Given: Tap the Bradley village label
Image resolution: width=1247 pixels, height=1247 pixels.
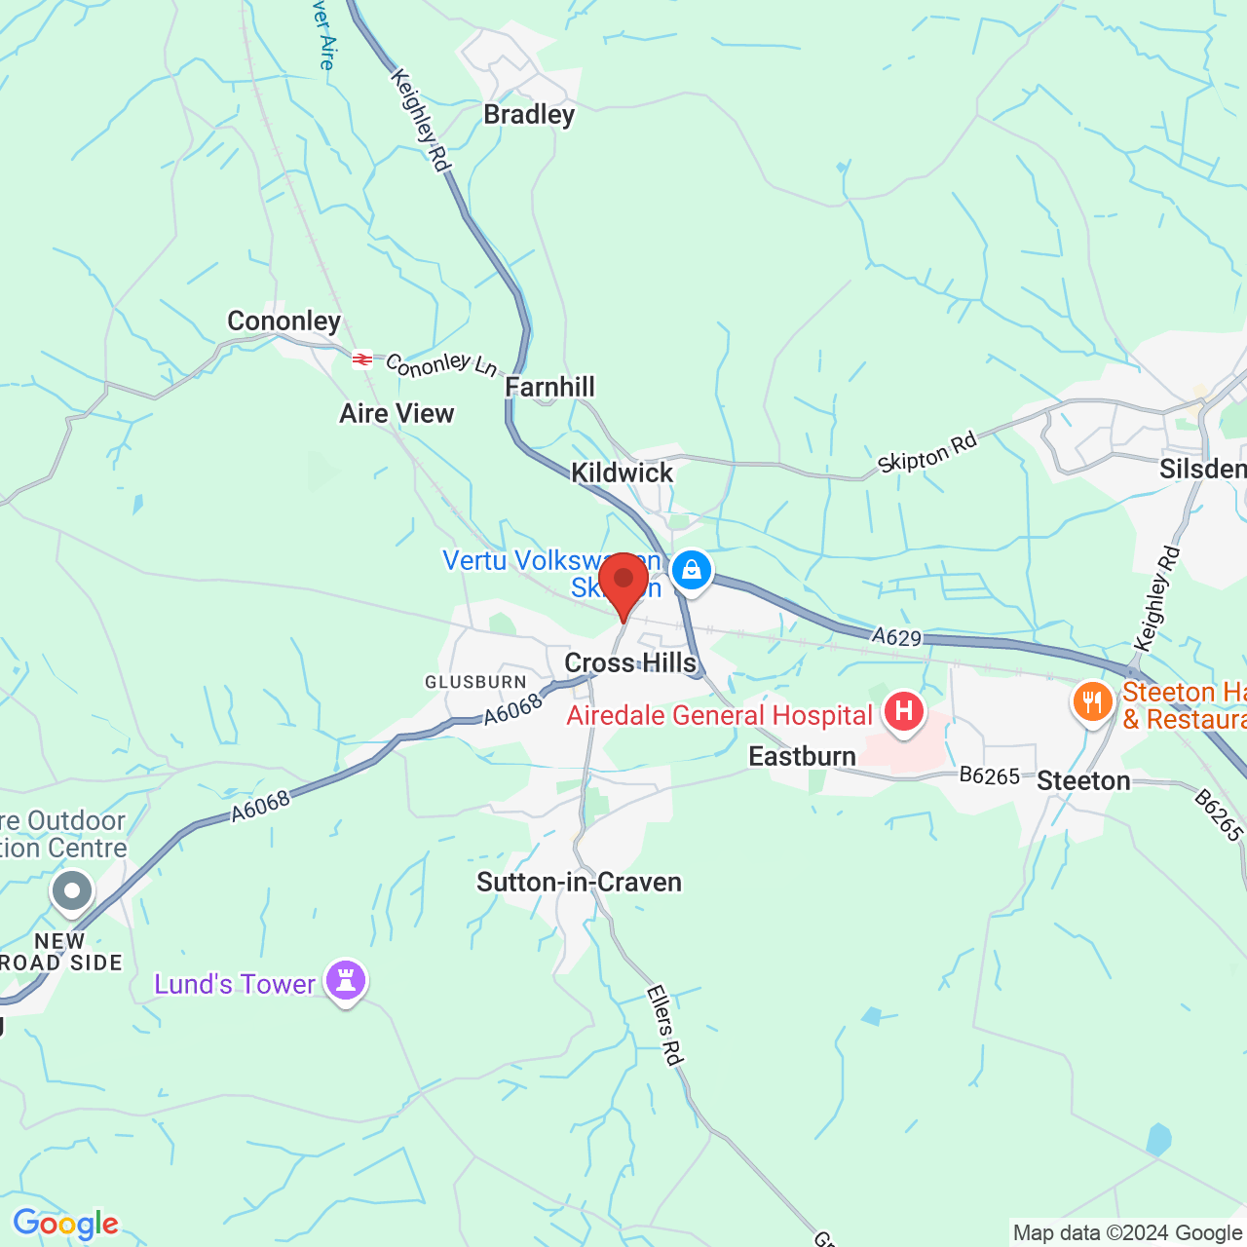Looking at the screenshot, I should [x=529, y=115].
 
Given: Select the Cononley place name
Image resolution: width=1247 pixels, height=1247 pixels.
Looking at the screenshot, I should [x=283, y=321].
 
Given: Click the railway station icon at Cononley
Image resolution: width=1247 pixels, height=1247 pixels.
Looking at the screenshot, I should [x=362, y=360].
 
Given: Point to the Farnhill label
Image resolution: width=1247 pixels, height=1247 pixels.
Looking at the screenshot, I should [x=549, y=388].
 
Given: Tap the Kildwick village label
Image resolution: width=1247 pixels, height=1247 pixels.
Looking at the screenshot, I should [x=622, y=473].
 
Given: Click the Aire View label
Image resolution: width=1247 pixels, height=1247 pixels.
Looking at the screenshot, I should [x=397, y=414].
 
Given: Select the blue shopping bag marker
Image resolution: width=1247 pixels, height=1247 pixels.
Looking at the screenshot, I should [x=692, y=569].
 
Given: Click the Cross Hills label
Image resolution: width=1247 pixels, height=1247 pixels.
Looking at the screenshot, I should [x=630, y=663].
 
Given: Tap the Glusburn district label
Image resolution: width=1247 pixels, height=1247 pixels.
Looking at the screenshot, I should [x=475, y=683].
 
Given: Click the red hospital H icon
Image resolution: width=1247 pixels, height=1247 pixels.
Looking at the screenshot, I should [x=904, y=710].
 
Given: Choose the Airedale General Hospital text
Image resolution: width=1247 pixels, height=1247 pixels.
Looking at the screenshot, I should [x=719, y=716].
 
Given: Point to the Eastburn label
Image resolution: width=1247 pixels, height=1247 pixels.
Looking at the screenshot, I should [x=802, y=757].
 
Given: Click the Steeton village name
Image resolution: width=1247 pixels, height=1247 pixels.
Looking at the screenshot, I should [x=1083, y=781].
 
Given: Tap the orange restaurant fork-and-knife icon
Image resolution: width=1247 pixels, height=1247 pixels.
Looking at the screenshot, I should [x=1093, y=701].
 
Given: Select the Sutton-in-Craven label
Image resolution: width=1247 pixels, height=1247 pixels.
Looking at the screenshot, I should [x=579, y=883].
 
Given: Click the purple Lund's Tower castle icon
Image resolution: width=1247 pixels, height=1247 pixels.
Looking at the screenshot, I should [x=346, y=980].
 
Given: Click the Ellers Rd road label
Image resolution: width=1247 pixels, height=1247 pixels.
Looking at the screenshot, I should [x=664, y=1025].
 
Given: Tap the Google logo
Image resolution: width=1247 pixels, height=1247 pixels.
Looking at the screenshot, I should [x=65, y=1224].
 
